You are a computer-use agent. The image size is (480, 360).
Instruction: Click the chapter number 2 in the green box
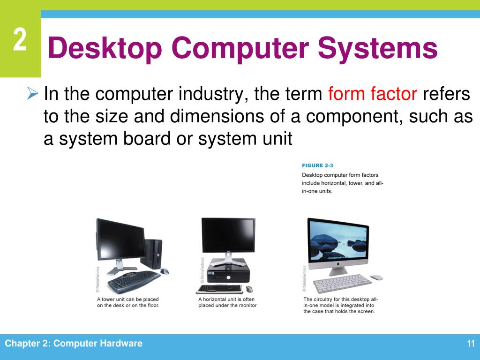20,41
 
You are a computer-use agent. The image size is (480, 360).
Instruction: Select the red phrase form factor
373,95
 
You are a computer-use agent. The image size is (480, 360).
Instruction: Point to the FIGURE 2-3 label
319,165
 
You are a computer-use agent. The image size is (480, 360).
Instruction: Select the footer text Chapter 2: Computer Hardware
74,344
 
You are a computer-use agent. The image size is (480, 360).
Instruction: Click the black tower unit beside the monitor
153,254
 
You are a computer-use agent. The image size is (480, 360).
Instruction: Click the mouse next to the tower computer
164,271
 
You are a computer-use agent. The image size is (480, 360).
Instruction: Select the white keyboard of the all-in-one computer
342,283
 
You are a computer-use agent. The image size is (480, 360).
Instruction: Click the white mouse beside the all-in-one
376,277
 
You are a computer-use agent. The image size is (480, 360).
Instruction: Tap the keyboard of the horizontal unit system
220,289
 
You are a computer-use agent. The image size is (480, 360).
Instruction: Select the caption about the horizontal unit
227,302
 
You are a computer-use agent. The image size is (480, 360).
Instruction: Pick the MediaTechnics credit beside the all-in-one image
304,277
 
